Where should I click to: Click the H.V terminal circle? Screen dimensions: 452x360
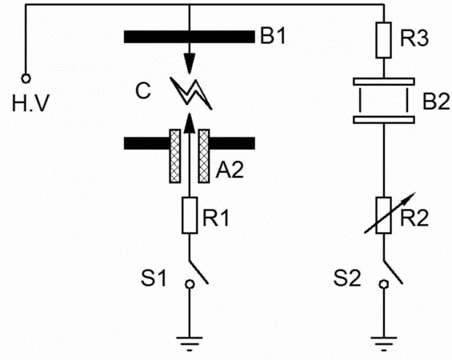click(26, 78)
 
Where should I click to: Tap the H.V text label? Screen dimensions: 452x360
click(30, 103)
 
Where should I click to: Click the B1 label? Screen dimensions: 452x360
click(273, 36)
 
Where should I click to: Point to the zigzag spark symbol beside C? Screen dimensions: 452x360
click(191, 93)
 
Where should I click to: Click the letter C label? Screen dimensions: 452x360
click(143, 91)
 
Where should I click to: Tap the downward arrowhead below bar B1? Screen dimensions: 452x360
click(190, 63)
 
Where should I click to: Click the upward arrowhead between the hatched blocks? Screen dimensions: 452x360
click(190, 123)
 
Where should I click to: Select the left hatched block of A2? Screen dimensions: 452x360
click(174, 156)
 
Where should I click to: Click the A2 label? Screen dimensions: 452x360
click(230, 170)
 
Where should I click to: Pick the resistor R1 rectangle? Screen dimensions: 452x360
click(190, 215)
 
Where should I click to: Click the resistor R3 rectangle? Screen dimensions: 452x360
click(384, 40)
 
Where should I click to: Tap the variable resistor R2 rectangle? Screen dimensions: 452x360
click(384, 215)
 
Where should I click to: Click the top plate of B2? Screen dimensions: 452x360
click(384, 82)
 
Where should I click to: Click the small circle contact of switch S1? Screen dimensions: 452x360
click(190, 284)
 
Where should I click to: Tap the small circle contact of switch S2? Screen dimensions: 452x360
click(384, 284)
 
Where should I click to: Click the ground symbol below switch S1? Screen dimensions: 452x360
click(190, 343)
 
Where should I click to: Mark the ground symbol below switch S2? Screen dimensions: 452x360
click(384, 343)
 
